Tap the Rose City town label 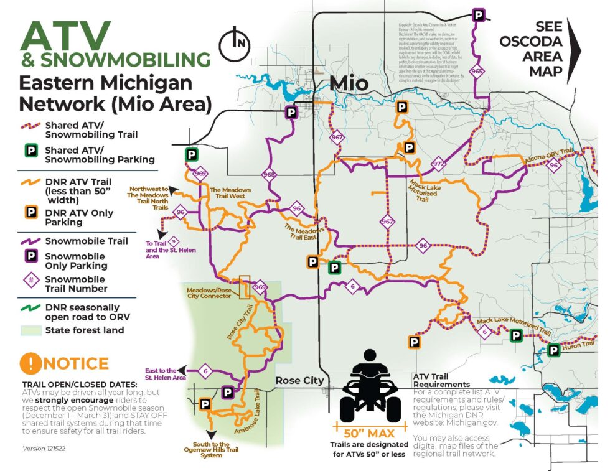(x=300, y=381)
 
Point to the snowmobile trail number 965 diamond (x=477, y=71)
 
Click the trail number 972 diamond (x=438, y=165)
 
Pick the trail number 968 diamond (x=269, y=175)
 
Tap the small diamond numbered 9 (x=174, y=241)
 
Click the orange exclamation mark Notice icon (x=30, y=363)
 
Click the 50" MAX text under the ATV (x=370, y=431)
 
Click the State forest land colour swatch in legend (x=30, y=330)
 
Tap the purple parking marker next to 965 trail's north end (x=479, y=16)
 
